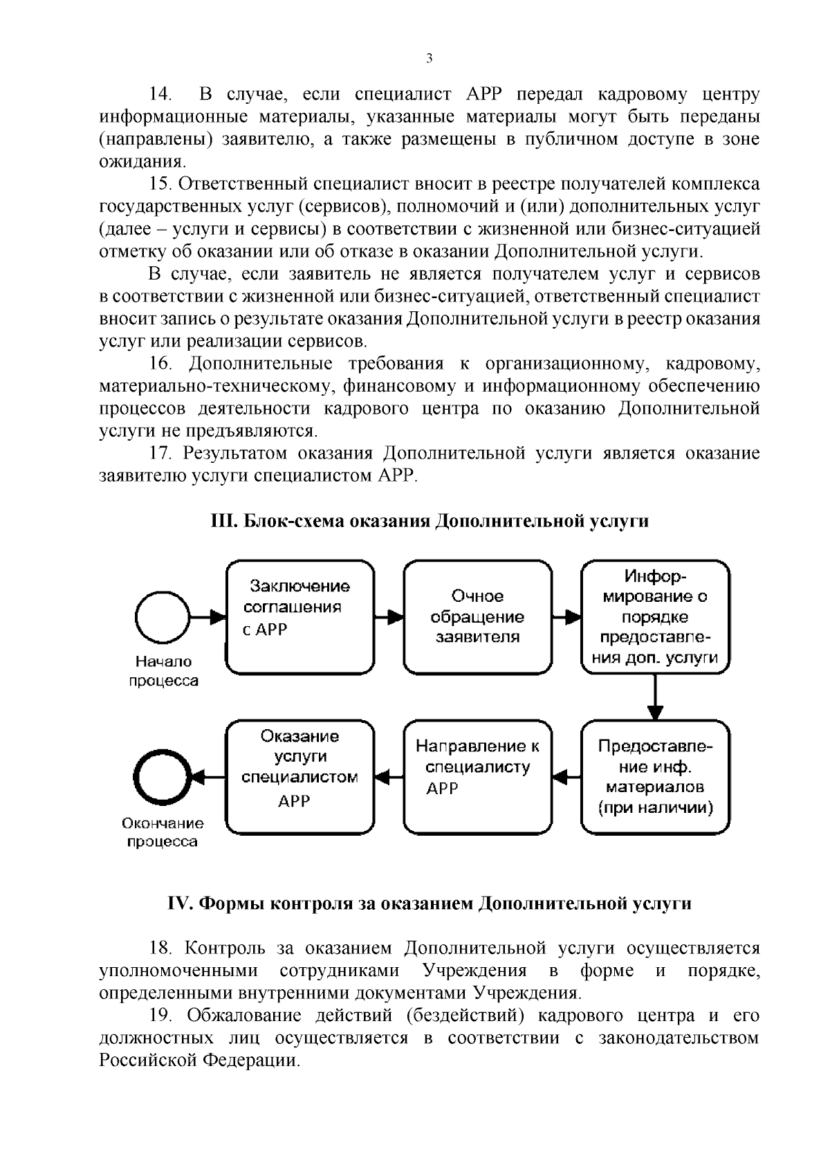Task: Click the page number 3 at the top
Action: tap(429, 59)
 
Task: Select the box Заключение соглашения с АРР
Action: tap(300, 617)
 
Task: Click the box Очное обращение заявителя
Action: tap(477, 617)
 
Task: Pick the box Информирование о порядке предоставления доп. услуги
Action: tap(655, 617)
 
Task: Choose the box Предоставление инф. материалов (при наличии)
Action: tap(655, 777)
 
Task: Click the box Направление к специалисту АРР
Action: tap(477, 777)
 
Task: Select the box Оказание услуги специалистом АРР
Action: tap(300, 777)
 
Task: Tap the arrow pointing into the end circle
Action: tap(207, 777)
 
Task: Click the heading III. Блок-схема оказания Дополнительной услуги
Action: tap(429, 521)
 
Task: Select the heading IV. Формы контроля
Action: tap(429, 904)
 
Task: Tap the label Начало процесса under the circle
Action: tap(163, 671)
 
